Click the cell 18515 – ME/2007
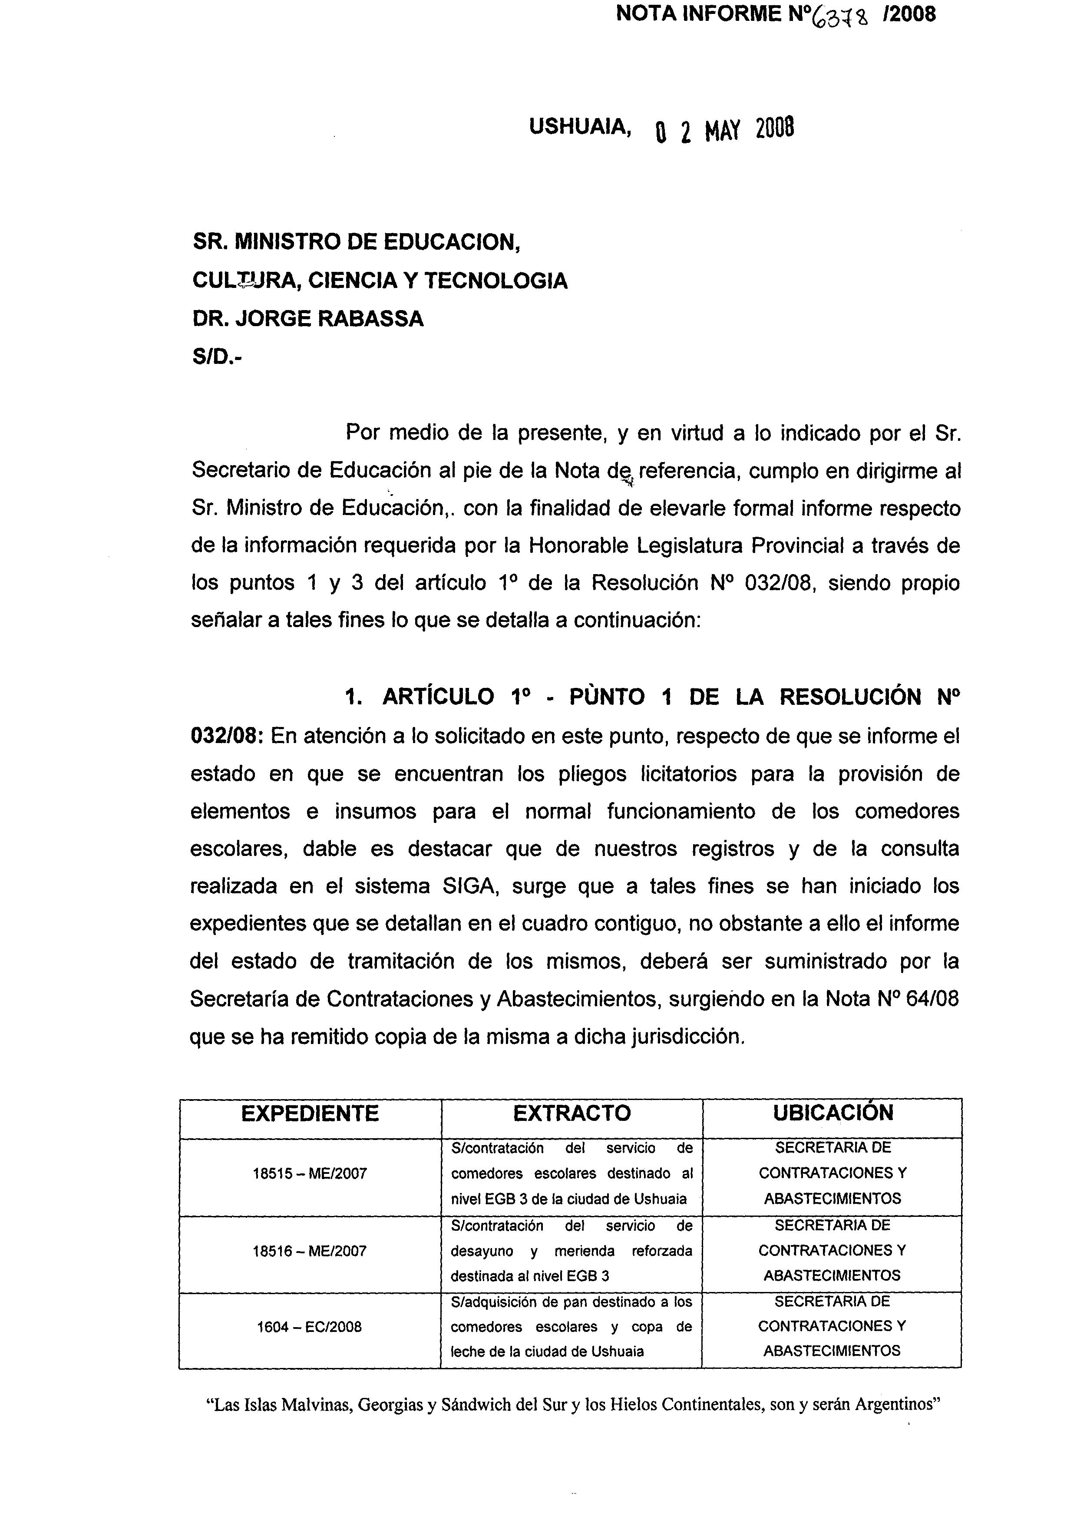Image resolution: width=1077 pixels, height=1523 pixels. [310, 1173]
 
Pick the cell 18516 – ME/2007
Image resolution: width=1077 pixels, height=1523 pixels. [310, 1251]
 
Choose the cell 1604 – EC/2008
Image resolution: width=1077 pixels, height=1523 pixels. [310, 1327]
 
